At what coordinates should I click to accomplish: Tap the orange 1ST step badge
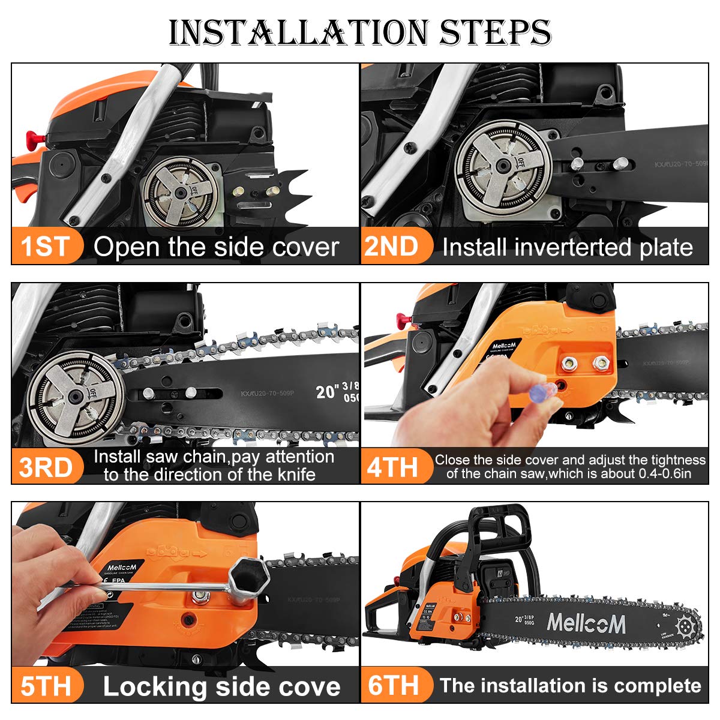point(46,247)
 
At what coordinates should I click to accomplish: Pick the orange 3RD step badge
point(46,467)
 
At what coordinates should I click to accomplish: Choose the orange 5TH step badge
point(46,686)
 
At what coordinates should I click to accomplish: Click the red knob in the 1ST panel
point(33,138)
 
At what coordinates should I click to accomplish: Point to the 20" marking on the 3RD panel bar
point(326,391)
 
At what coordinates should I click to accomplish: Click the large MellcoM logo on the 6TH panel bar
point(586,624)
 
